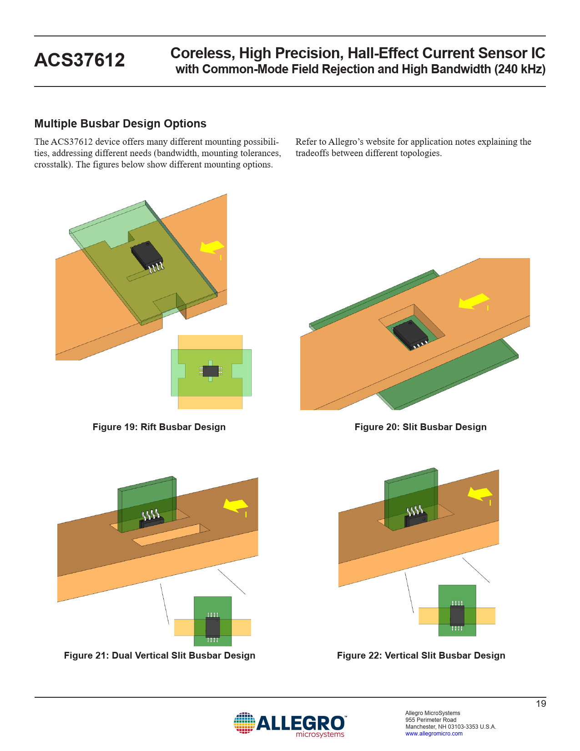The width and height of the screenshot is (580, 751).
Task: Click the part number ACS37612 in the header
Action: coord(80,60)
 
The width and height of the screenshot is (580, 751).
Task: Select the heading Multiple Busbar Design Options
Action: coord(120,123)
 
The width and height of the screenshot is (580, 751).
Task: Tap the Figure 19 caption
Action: coord(159,427)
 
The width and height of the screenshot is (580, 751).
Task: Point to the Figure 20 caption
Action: coord(420,427)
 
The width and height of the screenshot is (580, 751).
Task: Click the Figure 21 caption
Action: coord(160,655)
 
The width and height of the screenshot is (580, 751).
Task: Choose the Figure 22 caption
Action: coord(421,655)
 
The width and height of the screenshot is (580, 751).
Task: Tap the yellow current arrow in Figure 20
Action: coord(474,301)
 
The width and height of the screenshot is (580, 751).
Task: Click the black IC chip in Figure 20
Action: coord(411,334)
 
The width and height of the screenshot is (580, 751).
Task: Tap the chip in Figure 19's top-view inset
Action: coord(211,371)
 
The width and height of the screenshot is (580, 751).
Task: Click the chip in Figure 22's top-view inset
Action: coord(457,616)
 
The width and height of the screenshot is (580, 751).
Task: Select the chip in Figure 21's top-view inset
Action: coord(212,627)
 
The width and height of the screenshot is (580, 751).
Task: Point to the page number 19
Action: coord(541,704)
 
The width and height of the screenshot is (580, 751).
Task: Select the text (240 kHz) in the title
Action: coord(519,69)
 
